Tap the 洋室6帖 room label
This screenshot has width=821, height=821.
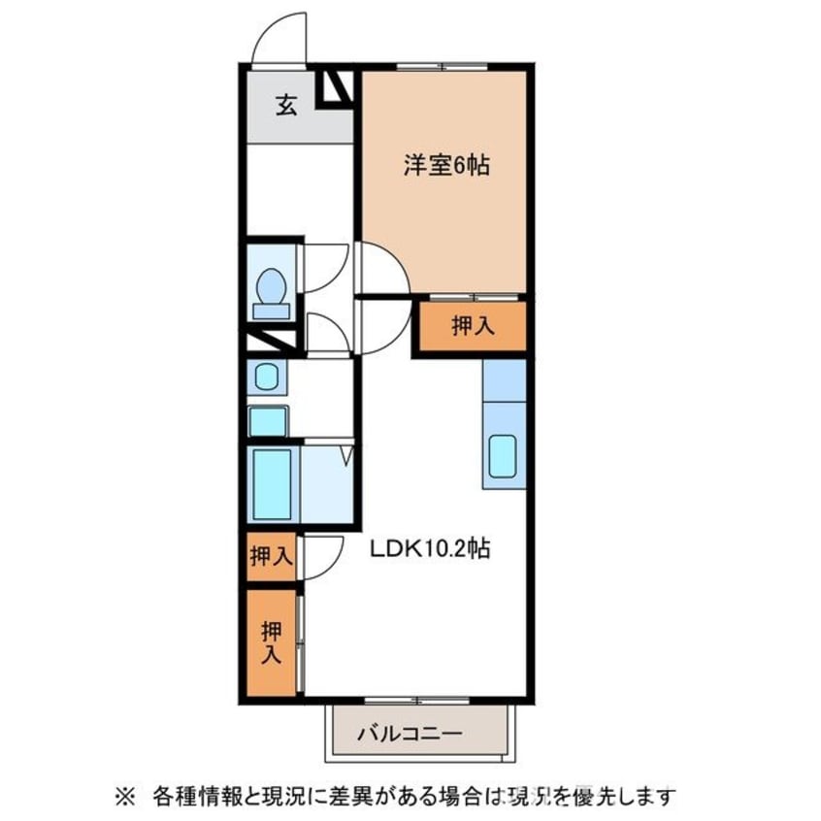[445, 166]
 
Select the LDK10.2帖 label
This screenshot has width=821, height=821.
[428, 549]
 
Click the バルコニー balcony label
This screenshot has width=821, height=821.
[417, 734]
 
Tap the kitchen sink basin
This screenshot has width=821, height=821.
[502, 456]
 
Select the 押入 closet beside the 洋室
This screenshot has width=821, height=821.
[473, 326]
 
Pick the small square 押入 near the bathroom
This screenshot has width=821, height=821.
[270, 557]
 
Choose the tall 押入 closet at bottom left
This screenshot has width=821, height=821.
[271, 642]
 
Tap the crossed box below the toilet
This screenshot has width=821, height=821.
[272, 341]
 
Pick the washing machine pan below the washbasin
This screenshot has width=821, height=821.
[269, 421]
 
